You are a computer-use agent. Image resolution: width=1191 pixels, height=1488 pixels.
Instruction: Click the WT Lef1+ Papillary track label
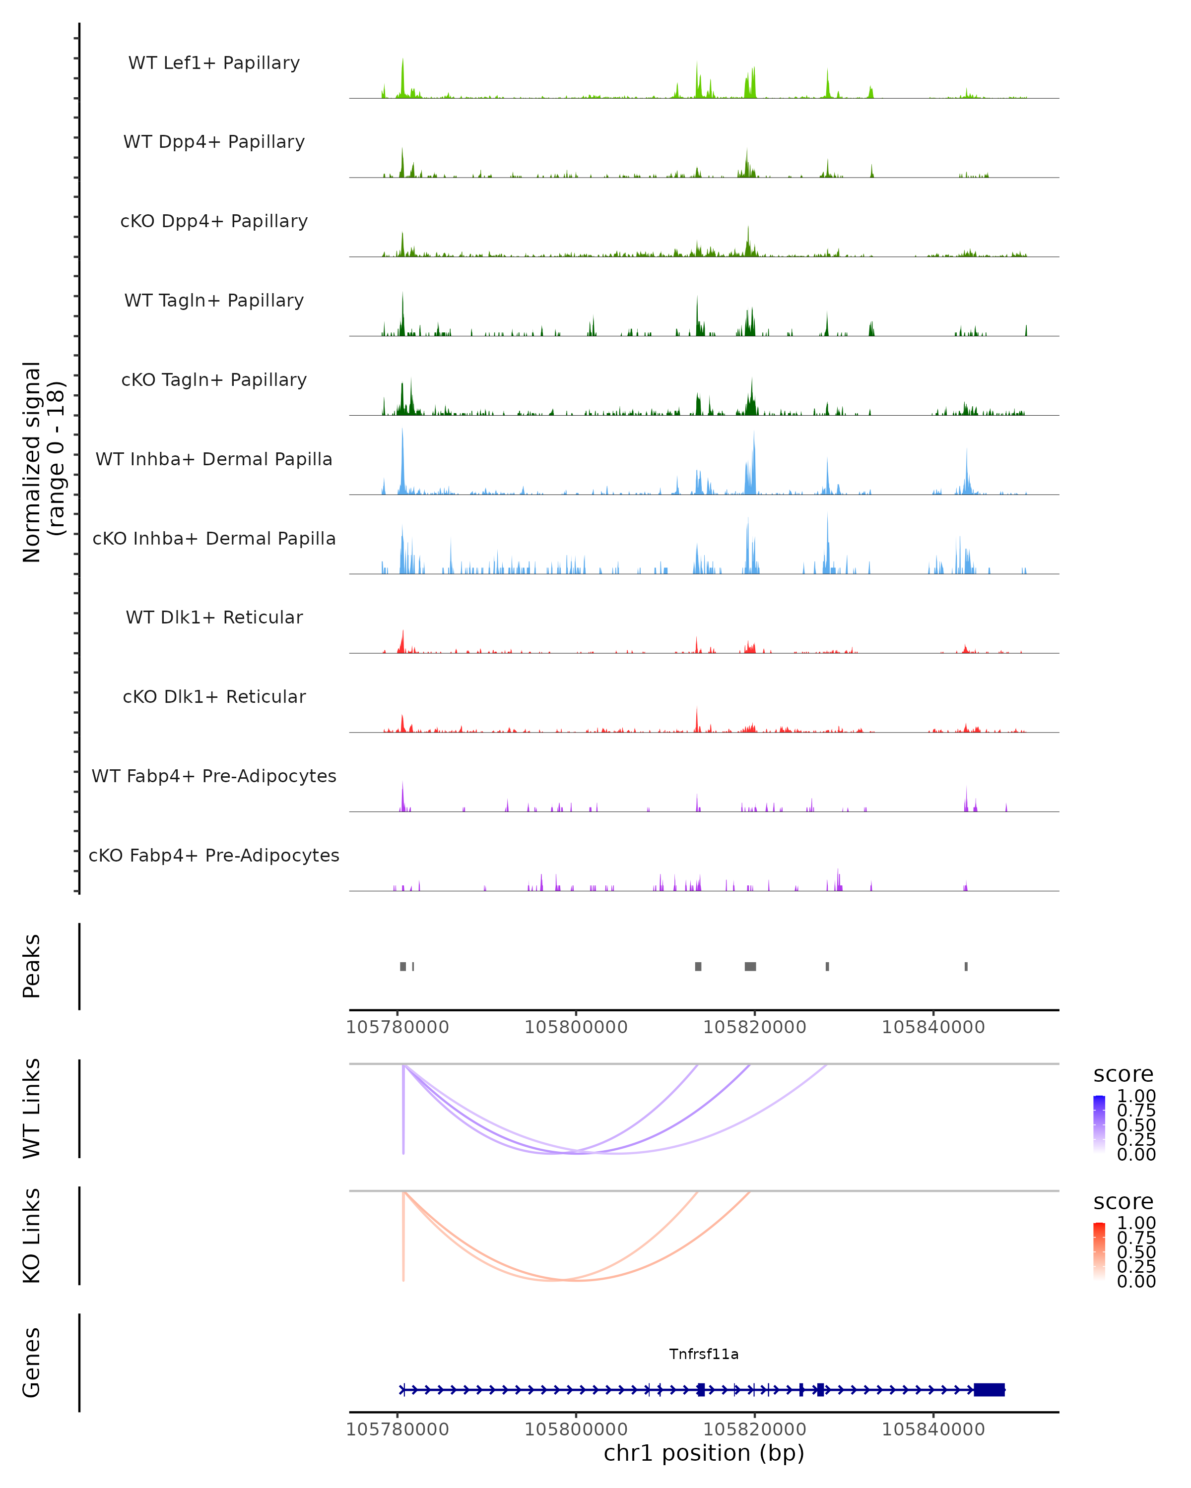pos(214,63)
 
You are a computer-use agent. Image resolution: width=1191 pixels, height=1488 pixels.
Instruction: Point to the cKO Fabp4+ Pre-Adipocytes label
pos(214,855)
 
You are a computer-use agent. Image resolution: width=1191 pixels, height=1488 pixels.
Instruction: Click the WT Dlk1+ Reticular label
pos(214,617)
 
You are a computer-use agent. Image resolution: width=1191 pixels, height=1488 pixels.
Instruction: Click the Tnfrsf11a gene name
pos(704,1354)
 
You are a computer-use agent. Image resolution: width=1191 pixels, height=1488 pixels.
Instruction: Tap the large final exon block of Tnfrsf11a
pos(989,1390)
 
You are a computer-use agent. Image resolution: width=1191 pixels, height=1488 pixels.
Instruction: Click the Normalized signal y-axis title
pos(43,462)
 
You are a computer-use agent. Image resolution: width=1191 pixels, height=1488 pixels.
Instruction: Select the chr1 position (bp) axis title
pos(704,1453)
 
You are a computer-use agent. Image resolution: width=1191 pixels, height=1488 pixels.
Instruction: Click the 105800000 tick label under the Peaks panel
pos(576,1027)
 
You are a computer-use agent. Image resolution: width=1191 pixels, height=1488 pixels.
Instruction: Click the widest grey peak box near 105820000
pos(750,966)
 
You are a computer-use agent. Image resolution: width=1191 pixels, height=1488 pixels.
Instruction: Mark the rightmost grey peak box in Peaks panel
pos(966,966)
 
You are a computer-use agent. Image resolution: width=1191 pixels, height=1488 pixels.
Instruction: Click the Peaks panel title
pos(31,966)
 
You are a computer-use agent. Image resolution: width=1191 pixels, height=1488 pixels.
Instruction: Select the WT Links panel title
pos(31,1109)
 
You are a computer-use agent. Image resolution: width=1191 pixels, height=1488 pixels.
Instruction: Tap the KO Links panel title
pos(31,1236)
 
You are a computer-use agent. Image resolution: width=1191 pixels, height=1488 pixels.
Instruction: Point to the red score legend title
pos(1123,1202)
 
